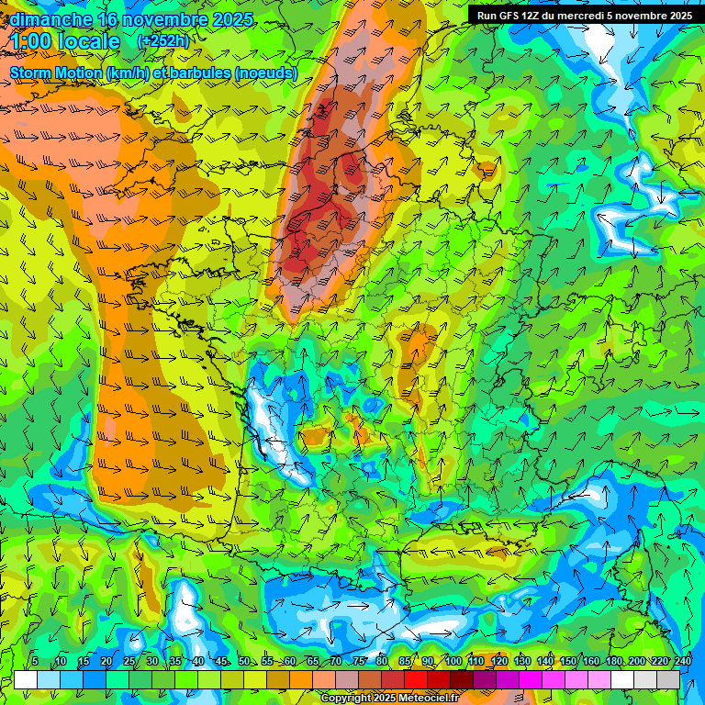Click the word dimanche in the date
point(50,19)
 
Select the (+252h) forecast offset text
point(164,41)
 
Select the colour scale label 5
point(35,661)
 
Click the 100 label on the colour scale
point(453,661)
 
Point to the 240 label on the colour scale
point(682,661)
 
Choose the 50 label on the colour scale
point(244,661)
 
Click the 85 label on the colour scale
point(405,661)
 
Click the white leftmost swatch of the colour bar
point(26,679)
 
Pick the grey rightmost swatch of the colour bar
point(668,679)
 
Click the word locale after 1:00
point(88,42)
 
